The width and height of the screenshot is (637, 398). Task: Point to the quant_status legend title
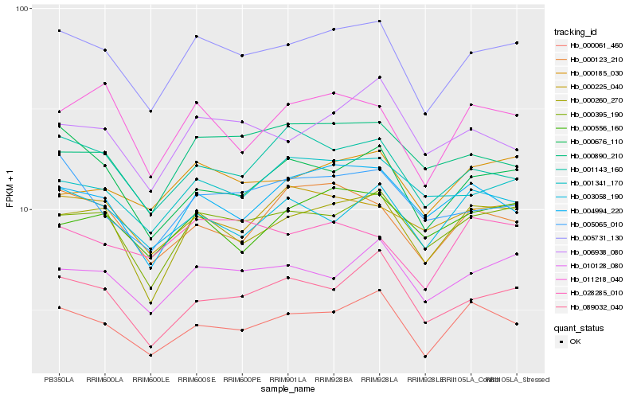click(x=580, y=327)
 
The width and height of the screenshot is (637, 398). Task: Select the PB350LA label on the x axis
click(x=59, y=379)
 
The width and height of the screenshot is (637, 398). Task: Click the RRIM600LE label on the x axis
click(x=150, y=379)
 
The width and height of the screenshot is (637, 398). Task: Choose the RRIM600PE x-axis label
click(x=242, y=379)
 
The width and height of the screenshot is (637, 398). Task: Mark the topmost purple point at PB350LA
click(x=59, y=31)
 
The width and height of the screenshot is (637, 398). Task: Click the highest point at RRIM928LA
click(x=380, y=21)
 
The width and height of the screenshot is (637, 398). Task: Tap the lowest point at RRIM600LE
click(x=150, y=355)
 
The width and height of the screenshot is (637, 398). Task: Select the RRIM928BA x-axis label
click(x=334, y=379)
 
